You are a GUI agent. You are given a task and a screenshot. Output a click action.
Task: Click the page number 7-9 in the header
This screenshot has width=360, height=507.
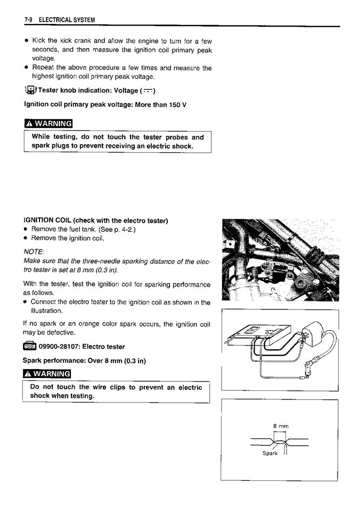pyautogui.click(x=29, y=20)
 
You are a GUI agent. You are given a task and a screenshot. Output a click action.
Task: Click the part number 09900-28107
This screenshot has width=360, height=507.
pyautogui.click(x=59, y=347)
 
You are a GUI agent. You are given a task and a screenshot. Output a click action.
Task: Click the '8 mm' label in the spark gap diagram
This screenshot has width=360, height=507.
pyautogui.click(x=281, y=426)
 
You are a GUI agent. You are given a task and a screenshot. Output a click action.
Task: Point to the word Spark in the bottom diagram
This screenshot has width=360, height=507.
pyautogui.click(x=270, y=453)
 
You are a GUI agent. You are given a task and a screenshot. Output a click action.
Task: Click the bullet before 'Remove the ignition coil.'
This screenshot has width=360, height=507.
pyautogui.click(x=26, y=239)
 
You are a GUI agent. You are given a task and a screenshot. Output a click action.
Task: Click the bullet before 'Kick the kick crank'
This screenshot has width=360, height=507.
pyautogui.click(x=27, y=40)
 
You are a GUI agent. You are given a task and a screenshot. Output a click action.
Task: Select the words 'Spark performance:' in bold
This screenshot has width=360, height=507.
pyautogui.click(x=52, y=361)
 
